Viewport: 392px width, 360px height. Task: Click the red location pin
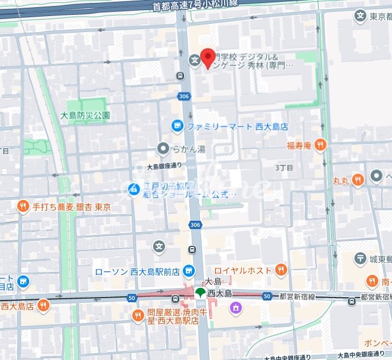[x=207, y=58]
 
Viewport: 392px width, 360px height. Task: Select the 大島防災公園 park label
[x=85, y=115]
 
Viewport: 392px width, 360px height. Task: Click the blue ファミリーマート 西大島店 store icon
[x=177, y=126]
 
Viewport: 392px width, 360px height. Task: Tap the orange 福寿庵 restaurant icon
[x=321, y=144]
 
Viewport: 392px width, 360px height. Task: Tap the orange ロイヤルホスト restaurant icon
[x=281, y=270]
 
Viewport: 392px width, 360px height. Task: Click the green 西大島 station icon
[x=201, y=293]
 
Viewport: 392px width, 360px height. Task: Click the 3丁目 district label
[x=284, y=168]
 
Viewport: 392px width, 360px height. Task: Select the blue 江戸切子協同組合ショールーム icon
[x=135, y=189]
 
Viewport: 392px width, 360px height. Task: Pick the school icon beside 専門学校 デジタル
[x=194, y=60]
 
